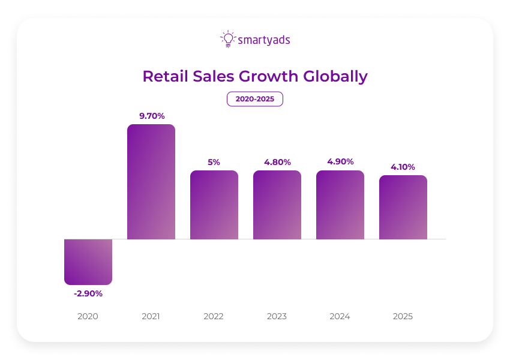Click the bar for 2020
[x=88, y=262]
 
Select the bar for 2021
[x=151, y=182]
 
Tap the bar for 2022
[x=214, y=205]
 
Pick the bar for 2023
[x=277, y=205]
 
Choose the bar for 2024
[x=340, y=205]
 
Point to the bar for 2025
[x=403, y=207]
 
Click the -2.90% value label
[x=88, y=293]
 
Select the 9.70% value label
[x=152, y=115]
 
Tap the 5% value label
[x=214, y=161]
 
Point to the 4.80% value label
[x=277, y=161]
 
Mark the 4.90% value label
[x=340, y=161]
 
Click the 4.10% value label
[x=403, y=166]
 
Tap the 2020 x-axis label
[x=88, y=316]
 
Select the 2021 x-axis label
[x=151, y=316]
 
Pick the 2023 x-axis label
[x=277, y=316]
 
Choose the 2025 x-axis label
[x=403, y=316]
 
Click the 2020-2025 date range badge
[x=255, y=99]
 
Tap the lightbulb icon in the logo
[x=228, y=39]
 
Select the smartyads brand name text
[x=264, y=40]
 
